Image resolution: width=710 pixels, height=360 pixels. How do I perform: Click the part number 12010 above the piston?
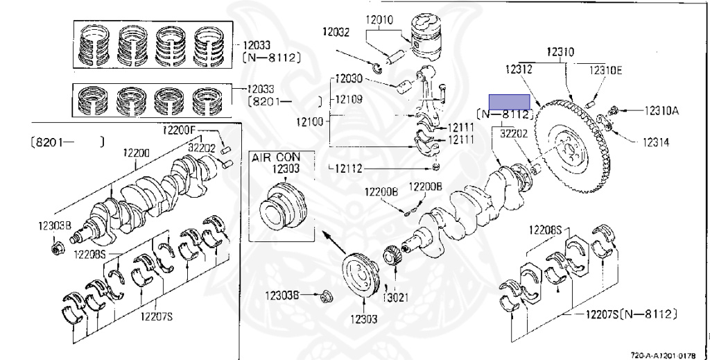pos(379,20)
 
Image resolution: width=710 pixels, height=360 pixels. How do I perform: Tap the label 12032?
pos(336,32)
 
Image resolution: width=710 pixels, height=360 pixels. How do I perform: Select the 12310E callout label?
pos(605,70)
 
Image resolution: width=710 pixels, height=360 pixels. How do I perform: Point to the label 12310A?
pos(661,110)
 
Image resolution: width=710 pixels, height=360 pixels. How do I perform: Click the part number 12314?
pos(656,142)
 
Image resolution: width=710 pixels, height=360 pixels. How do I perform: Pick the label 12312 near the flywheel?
pos(519,69)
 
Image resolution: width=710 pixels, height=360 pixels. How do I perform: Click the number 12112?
pos(349,169)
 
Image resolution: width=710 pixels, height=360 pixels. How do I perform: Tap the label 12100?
pos(310,121)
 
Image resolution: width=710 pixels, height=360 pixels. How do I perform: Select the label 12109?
pos(349,99)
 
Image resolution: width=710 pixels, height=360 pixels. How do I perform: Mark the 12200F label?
pos(179,130)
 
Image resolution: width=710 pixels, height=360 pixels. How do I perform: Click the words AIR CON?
pos(276,157)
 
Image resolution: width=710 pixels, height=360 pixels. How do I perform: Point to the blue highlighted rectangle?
pos(510,102)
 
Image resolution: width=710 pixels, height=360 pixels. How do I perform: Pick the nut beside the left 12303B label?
pos(58,248)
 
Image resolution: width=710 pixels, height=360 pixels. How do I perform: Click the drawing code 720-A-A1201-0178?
pos(668,355)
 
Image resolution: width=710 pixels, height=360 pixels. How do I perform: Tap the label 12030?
pos(349,79)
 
